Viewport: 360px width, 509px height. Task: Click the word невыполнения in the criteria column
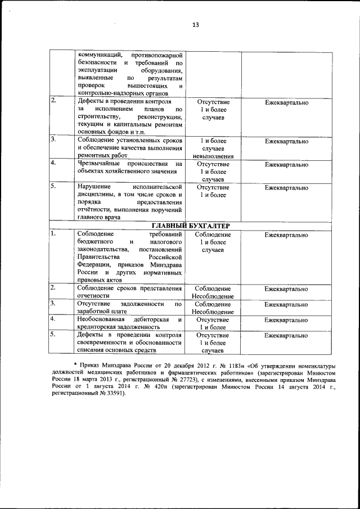[x=213, y=156]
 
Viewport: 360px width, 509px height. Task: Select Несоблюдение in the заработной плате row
[x=213, y=312]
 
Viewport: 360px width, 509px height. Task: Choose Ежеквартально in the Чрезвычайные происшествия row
[x=286, y=165]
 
